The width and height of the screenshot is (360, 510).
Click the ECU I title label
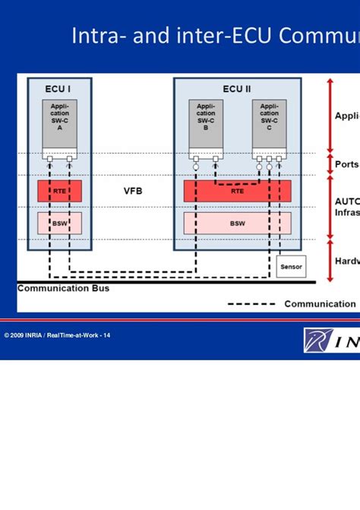58,89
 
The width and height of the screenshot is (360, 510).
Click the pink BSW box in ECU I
59,223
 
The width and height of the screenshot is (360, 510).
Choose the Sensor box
292,267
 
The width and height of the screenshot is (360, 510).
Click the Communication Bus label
63,288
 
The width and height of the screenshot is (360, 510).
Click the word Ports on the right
347,163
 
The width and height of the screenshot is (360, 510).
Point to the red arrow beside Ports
329,163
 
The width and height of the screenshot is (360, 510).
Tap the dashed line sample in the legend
251,304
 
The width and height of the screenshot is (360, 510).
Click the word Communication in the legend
320,304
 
